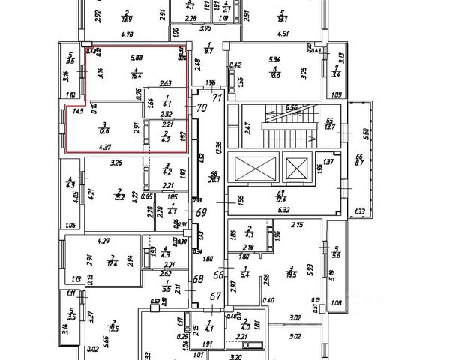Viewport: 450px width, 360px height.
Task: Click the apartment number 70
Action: pos(201,108)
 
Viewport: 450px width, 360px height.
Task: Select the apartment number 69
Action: pos(201,213)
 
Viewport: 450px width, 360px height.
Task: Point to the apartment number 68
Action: pos(199,280)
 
